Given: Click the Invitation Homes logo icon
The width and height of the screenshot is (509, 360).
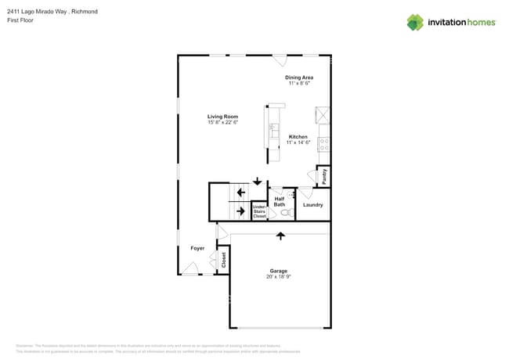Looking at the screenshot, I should click(415, 22).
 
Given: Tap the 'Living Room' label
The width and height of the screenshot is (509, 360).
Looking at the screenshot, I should click(222, 117).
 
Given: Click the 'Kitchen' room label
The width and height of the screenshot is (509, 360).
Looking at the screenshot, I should click(298, 137).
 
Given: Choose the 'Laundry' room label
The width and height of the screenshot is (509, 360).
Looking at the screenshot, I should click(313, 205).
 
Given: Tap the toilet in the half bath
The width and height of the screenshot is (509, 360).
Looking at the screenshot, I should click(285, 212).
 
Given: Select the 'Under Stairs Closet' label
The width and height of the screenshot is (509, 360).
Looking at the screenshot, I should click(259, 211).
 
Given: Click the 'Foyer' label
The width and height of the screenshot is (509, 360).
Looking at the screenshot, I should click(197, 248).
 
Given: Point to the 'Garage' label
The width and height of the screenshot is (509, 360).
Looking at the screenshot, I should click(279, 271).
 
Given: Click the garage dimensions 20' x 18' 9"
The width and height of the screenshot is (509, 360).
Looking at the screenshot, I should click(279, 277).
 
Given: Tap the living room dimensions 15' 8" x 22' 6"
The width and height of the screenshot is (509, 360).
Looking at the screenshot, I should click(222, 122).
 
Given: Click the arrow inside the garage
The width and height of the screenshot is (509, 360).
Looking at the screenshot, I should click(280, 235).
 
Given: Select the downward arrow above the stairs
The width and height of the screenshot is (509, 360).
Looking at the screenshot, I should click(257, 182).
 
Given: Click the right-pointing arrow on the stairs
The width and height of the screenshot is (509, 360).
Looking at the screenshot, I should click(240, 210).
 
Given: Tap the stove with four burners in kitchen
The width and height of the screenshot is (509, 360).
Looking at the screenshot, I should click(323, 144).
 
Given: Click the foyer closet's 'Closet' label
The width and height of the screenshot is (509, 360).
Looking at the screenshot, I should click(223, 259).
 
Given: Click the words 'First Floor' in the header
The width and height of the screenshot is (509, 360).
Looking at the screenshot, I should click(21, 20).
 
